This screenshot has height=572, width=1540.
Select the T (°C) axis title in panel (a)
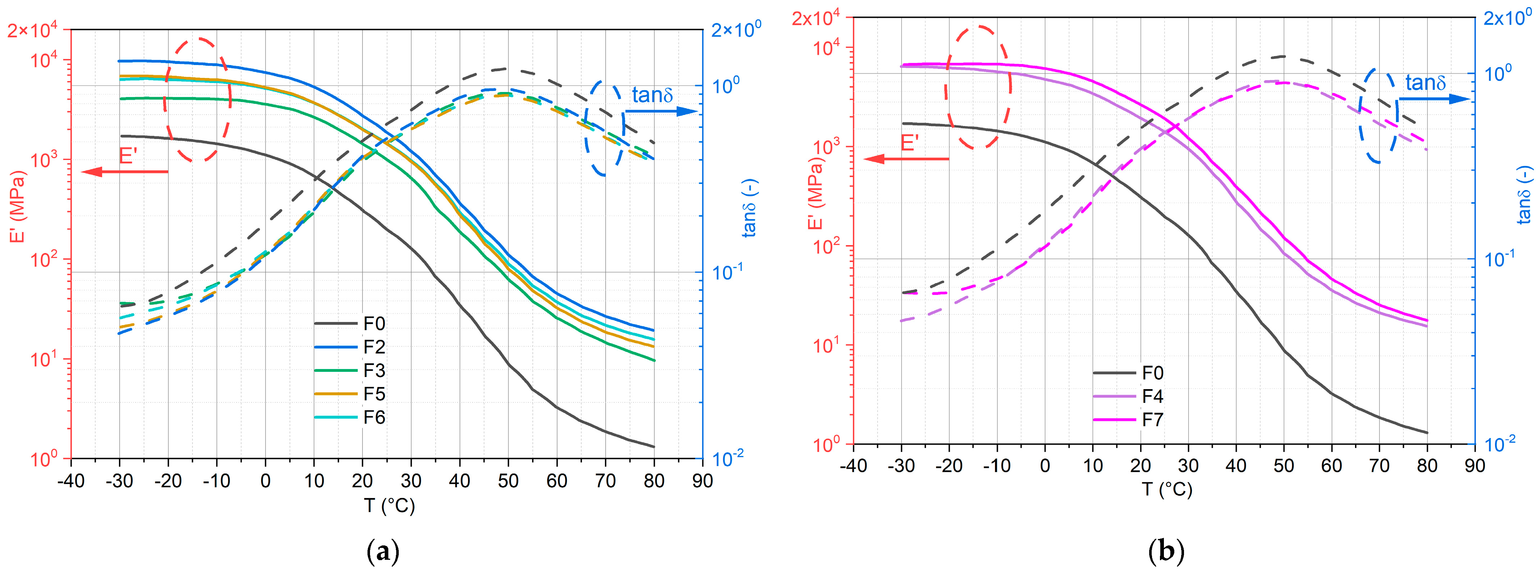(x=389, y=506)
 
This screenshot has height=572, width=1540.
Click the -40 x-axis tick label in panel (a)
(x=70, y=480)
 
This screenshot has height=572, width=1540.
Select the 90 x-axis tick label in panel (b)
(x=1475, y=466)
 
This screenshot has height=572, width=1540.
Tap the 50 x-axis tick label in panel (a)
(x=508, y=480)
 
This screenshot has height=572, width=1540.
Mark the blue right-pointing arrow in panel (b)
(x=1435, y=99)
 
